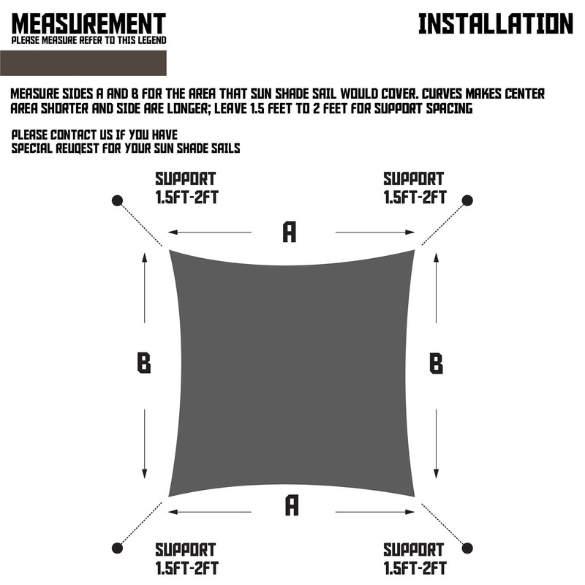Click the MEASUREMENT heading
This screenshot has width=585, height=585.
pos(88,23)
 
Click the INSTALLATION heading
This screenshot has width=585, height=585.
pos(495,23)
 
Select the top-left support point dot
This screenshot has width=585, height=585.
pos(117,200)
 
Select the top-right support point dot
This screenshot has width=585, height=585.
pos(468,200)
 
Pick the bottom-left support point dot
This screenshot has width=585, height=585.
pos(117,548)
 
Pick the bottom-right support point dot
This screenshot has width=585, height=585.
pos(468,548)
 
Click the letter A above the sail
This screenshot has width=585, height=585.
pos(290,232)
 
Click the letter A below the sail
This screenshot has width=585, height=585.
pos(292,505)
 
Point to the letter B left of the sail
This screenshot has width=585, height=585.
pos(144,363)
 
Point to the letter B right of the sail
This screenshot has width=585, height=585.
pos(436,363)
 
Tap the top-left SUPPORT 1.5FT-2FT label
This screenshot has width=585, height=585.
pos(185,187)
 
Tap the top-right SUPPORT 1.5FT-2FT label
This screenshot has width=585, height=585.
pos(414,187)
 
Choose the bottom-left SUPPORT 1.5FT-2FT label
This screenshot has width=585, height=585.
pos(185,558)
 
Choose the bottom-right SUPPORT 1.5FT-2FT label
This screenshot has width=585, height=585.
pos(414,558)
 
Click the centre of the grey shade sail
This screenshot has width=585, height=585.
pos(292,373)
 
